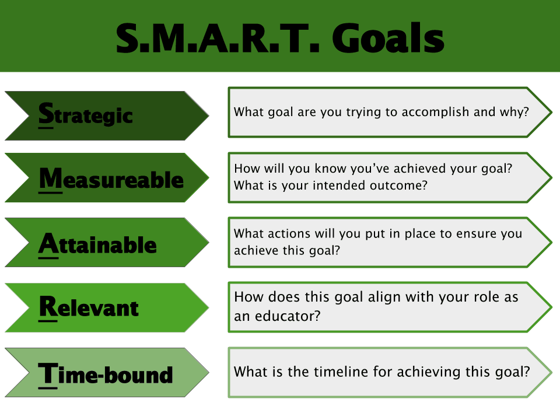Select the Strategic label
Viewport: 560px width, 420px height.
click(86, 115)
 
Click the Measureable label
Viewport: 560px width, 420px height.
click(111, 179)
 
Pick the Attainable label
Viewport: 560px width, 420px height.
click(97, 244)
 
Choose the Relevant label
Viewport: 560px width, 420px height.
click(89, 307)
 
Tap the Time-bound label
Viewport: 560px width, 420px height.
click(106, 373)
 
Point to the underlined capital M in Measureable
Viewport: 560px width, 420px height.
click(50, 178)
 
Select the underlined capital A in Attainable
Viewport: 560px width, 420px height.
click(48, 243)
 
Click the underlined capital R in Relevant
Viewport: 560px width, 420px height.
click(47, 307)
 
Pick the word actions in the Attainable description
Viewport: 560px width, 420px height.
click(286, 233)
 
